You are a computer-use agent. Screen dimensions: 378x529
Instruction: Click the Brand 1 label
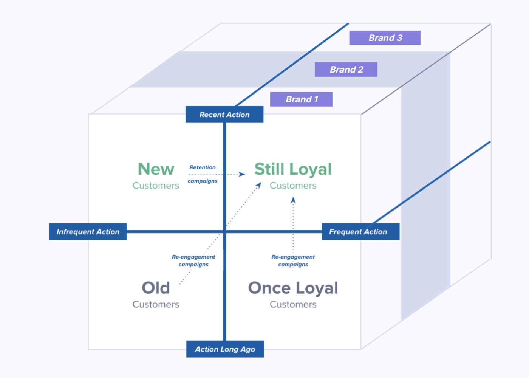301,99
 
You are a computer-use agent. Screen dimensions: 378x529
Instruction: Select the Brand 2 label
346,70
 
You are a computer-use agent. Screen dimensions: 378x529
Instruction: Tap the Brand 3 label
385,38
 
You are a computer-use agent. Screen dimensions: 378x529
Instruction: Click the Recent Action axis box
224,115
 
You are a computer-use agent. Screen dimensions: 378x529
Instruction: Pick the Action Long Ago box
225,349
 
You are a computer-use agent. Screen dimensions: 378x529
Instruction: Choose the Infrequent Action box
88,232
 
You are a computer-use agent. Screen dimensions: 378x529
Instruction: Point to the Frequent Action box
360,232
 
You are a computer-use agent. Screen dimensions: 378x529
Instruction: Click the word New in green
156,169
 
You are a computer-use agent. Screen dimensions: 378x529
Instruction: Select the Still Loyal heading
293,169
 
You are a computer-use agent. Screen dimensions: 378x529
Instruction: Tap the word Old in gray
156,288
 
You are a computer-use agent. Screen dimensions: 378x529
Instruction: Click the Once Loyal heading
293,288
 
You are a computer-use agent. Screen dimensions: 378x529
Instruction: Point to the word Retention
203,167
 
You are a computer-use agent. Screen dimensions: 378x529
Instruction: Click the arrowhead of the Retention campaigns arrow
242,174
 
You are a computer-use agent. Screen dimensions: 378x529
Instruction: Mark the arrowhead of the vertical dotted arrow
293,200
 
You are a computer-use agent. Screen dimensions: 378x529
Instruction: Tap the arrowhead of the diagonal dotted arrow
259,185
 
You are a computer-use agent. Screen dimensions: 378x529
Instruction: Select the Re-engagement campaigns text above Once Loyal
293,260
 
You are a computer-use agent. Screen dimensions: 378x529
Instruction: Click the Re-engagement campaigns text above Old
193,260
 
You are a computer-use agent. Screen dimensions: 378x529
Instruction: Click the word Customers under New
156,186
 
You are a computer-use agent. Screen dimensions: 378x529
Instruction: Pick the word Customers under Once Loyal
293,304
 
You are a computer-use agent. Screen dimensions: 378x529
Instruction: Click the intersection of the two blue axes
224,232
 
